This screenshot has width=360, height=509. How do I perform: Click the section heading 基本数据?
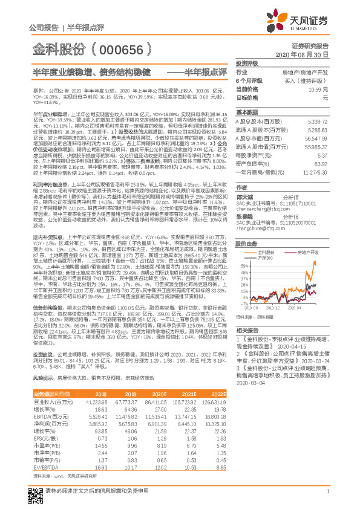(247, 112)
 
